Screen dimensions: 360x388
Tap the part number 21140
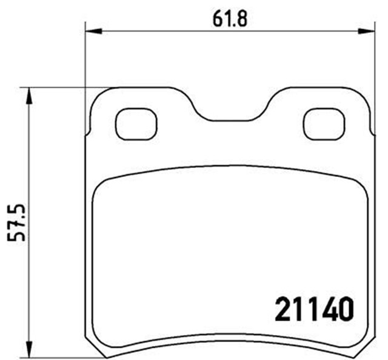click(314, 310)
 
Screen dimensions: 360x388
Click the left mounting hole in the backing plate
click(136, 124)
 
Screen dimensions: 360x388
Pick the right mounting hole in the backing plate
click(323, 124)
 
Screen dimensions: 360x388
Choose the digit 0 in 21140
click(343, 310)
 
